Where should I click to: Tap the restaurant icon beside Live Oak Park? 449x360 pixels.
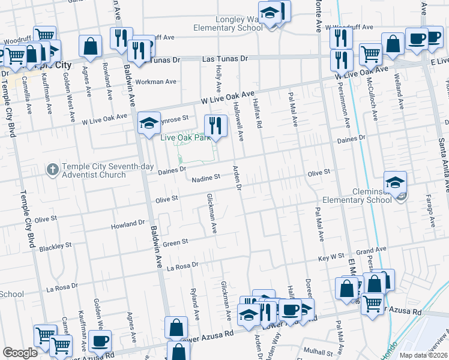(215, 126)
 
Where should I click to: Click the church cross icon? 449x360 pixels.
(52, 170)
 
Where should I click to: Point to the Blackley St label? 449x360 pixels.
(55, 247)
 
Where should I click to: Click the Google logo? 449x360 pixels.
(20, 353)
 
